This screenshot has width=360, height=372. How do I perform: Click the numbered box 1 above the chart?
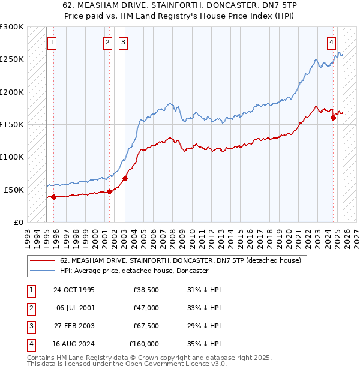[x=53, y=43]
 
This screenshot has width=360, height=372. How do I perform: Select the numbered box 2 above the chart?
[x=107, y=43]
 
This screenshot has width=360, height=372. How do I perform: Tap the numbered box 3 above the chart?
[x=122, y=43]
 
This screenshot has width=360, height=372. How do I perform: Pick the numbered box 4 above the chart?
[x=332, y=43]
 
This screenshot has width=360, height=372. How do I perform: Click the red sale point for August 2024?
[x=334, y=118]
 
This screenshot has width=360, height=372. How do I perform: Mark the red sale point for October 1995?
[x=54, y=197]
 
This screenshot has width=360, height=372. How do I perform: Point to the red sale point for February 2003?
[x=125, y=178]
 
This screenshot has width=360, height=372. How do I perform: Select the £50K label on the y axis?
[x=14, y=190]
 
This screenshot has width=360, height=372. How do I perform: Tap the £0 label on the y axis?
[x=18, y=222]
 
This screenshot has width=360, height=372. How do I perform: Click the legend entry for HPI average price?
[x=134, y=271]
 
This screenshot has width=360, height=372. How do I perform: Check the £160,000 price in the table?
[x=144, y=344]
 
